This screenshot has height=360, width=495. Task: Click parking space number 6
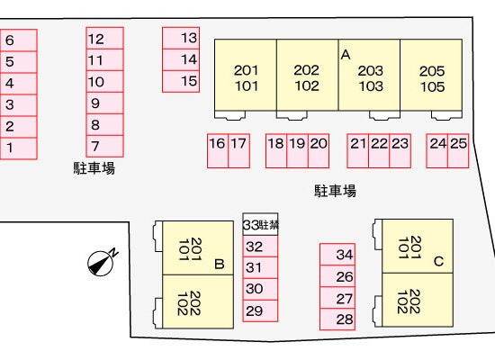coord(19,40)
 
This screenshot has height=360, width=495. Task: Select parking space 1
coord(19,148)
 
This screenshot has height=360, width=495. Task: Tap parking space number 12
coord(104,38)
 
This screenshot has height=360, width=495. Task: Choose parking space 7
coord(104,146)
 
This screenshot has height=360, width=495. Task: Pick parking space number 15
coord(181,82)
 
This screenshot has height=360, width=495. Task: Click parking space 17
coord(239,150)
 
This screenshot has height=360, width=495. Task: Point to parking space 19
coord(297,150)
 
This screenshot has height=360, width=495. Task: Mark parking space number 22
coord(379,150)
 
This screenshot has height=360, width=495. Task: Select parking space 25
coord(458,150)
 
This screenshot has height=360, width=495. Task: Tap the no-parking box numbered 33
coord(260,224)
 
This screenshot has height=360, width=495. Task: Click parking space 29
coord(260,310)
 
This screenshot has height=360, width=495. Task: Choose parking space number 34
coord(337,255)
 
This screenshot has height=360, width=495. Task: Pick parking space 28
coord(337,319)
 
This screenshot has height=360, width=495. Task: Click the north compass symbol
coord(101,263)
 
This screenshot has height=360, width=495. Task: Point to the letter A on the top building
coord(346,55)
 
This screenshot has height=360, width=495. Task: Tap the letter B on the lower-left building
coord(220,264)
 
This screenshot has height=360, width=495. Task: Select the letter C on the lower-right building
coord(439,262)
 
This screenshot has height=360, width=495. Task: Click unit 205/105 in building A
coord(431,76)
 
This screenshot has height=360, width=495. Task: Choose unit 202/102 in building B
coord(198,301)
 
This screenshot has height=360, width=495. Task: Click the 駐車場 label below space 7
coord(94,168)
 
